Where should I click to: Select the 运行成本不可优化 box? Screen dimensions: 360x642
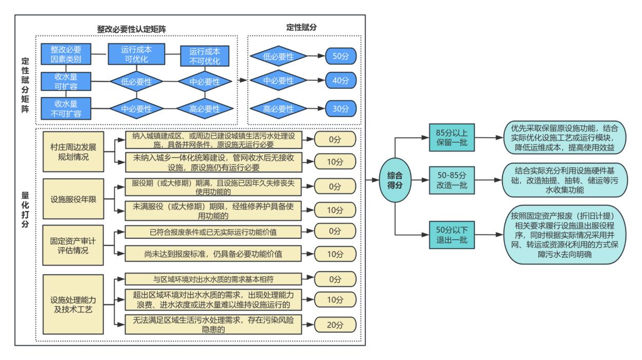[204, 55]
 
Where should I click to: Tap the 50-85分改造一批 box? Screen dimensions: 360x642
[449, 180]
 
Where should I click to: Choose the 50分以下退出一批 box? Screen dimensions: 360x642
[449, 233]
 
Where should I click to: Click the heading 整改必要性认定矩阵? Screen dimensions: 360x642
[135, 28]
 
